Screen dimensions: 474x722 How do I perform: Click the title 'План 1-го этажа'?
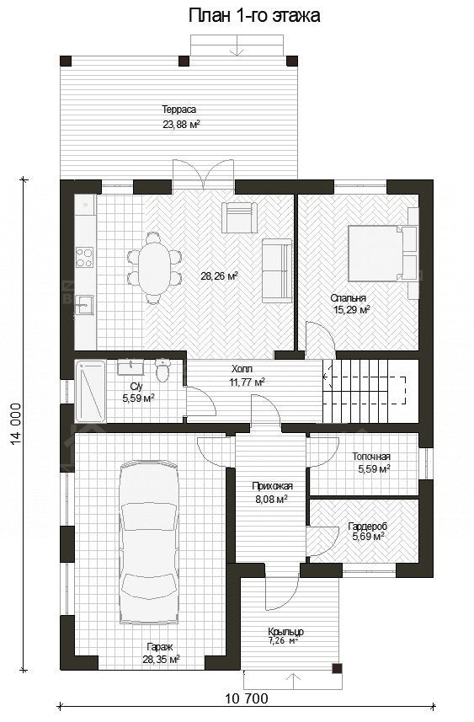click(254, 16)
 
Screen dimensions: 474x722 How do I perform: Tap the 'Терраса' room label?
click(178, 110)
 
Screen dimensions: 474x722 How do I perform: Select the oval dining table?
click(154, 268)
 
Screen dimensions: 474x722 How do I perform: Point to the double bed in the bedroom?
click(382, 254)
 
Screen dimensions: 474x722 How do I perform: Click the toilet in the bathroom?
click(162, 370)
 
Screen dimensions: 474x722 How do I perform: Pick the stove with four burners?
click(85, 257)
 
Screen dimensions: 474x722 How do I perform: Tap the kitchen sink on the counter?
click(84, 304)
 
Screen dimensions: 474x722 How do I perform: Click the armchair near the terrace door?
click(237, 217)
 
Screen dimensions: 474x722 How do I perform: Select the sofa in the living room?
click(277, 270)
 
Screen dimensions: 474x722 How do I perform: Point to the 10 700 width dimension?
click(247, 698)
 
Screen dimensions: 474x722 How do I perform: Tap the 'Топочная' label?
click(371, 457)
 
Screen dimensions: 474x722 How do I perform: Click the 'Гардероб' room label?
click(367, 526)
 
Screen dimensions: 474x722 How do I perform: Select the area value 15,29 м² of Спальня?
click(352, 310)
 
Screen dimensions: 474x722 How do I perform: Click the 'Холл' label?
click(242, 369)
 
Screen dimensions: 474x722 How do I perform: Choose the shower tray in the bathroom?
click(90, 392)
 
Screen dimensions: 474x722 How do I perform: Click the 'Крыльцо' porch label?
click(285, 632)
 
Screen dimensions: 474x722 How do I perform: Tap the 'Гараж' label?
click(160, 647)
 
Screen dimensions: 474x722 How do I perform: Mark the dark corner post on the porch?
click(338, 668)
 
